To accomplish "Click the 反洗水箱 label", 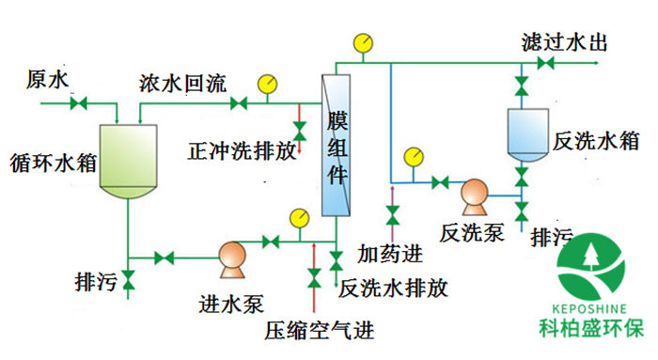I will pos(597,140).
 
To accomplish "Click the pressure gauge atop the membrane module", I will pos(362,42).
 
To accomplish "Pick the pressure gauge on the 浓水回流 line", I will pos(269,83).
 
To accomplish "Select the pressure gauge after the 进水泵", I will pos(299,217).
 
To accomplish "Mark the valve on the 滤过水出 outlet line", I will pos(544,64).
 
